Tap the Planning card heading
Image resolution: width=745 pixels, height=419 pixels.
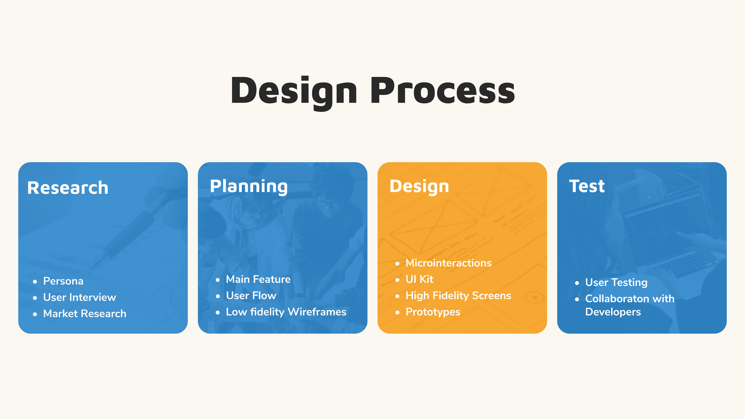click(249, 186)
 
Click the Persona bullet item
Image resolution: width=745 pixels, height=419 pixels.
click(63, 281)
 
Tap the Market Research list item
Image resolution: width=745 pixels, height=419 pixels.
click(85, 313)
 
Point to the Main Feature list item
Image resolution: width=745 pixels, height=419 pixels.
click(258, 279)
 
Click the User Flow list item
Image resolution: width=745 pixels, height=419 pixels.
click(251, 295)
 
